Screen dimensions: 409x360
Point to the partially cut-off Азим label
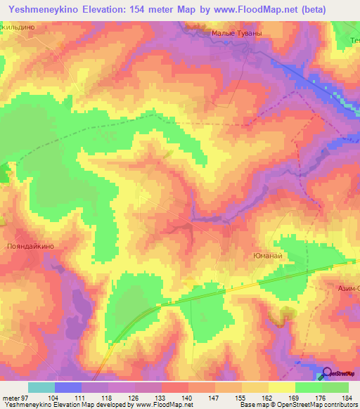click(x=347, y=288)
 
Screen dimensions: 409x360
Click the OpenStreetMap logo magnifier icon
click(x=326, y=373)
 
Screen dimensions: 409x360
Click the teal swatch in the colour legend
click(x=41, y=387)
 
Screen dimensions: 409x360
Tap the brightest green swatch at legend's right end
click(x=335, y=387)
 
